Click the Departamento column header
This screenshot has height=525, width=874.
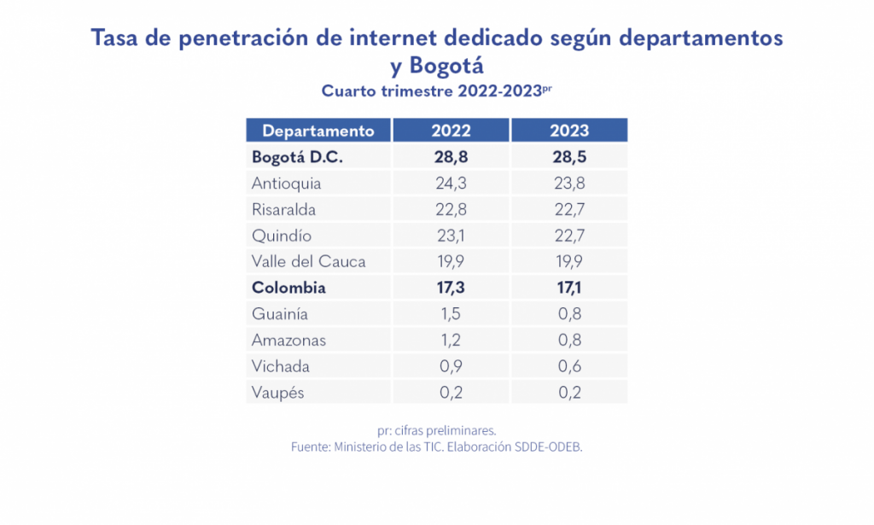pos(318,131)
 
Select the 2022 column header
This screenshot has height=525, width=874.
pos(451,131)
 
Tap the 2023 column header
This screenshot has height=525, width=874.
pos(569,131)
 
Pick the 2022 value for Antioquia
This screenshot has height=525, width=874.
pos(451,183)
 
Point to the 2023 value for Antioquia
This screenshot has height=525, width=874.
pos(569,183)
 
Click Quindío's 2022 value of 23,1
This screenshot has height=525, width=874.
pos(451,236)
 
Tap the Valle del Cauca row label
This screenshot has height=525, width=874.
pos(308,261)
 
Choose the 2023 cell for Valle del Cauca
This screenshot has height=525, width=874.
pos(569,261)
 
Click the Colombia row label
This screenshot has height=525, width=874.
pos(288,288)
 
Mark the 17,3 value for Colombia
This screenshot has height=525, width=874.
pos(451,288)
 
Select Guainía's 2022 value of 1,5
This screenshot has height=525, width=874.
pos(451,314)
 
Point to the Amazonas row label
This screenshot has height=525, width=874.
pos(288,341)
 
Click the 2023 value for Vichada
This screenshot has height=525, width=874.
pos(569,366)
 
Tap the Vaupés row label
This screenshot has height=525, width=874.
pos(277,393)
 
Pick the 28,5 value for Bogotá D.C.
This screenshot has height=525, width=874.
pos(569,157)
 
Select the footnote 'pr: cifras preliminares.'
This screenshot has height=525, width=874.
pos(436,430)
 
